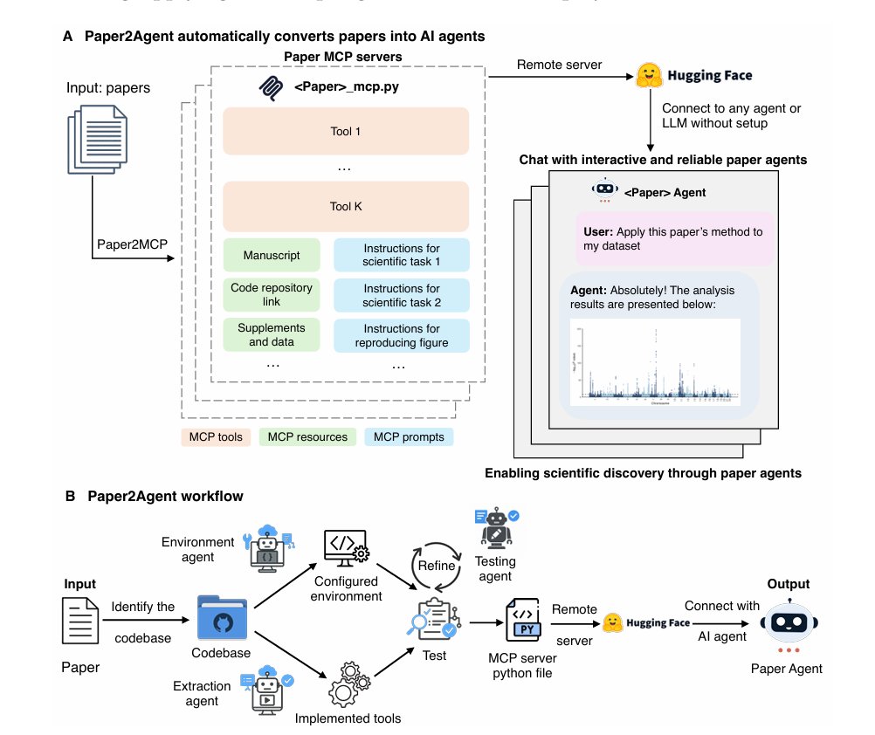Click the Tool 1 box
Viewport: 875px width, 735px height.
pos(346,131)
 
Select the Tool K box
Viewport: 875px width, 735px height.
pos(346,207)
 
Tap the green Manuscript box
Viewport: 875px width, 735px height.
pos(272,255)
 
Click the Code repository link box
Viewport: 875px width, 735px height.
pos(272,295)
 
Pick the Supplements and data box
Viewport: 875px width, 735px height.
pos(272,335)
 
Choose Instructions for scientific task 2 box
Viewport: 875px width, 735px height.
pos(401,295)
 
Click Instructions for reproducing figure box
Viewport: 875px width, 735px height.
pos(401,335)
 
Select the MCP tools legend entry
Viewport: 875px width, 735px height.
pos(216,436)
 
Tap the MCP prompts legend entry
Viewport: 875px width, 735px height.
pos(409,436)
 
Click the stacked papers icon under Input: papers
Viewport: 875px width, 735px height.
pos(96,137)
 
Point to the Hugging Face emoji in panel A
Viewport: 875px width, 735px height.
pos(647,75)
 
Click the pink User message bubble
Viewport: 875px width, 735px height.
pos(672,238)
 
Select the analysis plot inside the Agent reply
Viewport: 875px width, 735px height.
pos(655,361)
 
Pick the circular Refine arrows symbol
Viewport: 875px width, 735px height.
pos(434,566)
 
